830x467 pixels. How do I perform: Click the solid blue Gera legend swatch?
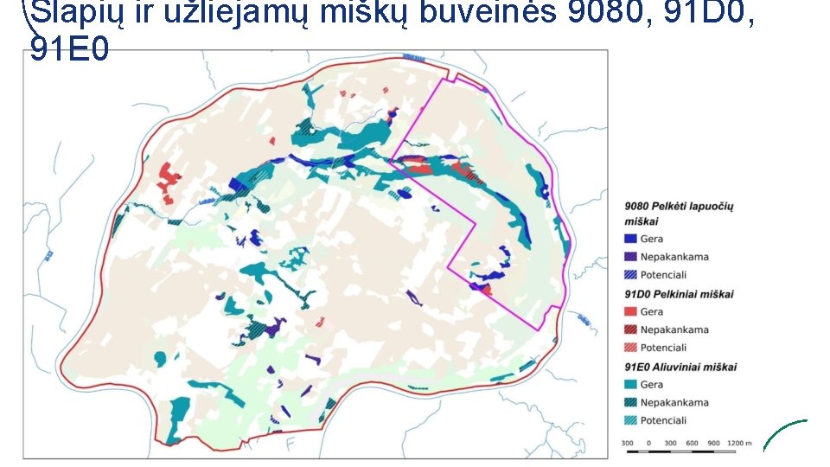pos(630,239)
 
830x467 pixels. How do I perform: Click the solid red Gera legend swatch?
pos(630,311)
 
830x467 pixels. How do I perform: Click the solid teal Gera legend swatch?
pos(630,384)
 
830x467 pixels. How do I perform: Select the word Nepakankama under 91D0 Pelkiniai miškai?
pos(674,329)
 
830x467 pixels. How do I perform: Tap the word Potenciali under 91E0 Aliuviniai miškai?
pos(663,420)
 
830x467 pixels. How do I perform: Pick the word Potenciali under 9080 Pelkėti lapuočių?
pos(663,275)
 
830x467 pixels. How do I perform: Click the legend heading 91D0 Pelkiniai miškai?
pos(679,294)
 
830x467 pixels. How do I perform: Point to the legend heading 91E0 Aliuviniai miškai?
pos(680,367)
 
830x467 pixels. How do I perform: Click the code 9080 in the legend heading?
pos(638,207)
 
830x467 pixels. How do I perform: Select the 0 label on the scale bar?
pos(648,444)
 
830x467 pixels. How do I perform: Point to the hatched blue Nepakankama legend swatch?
pos(630,257)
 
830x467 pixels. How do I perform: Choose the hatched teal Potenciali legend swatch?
pos(630,420)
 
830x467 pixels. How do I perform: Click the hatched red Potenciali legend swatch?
pos(630,348)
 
